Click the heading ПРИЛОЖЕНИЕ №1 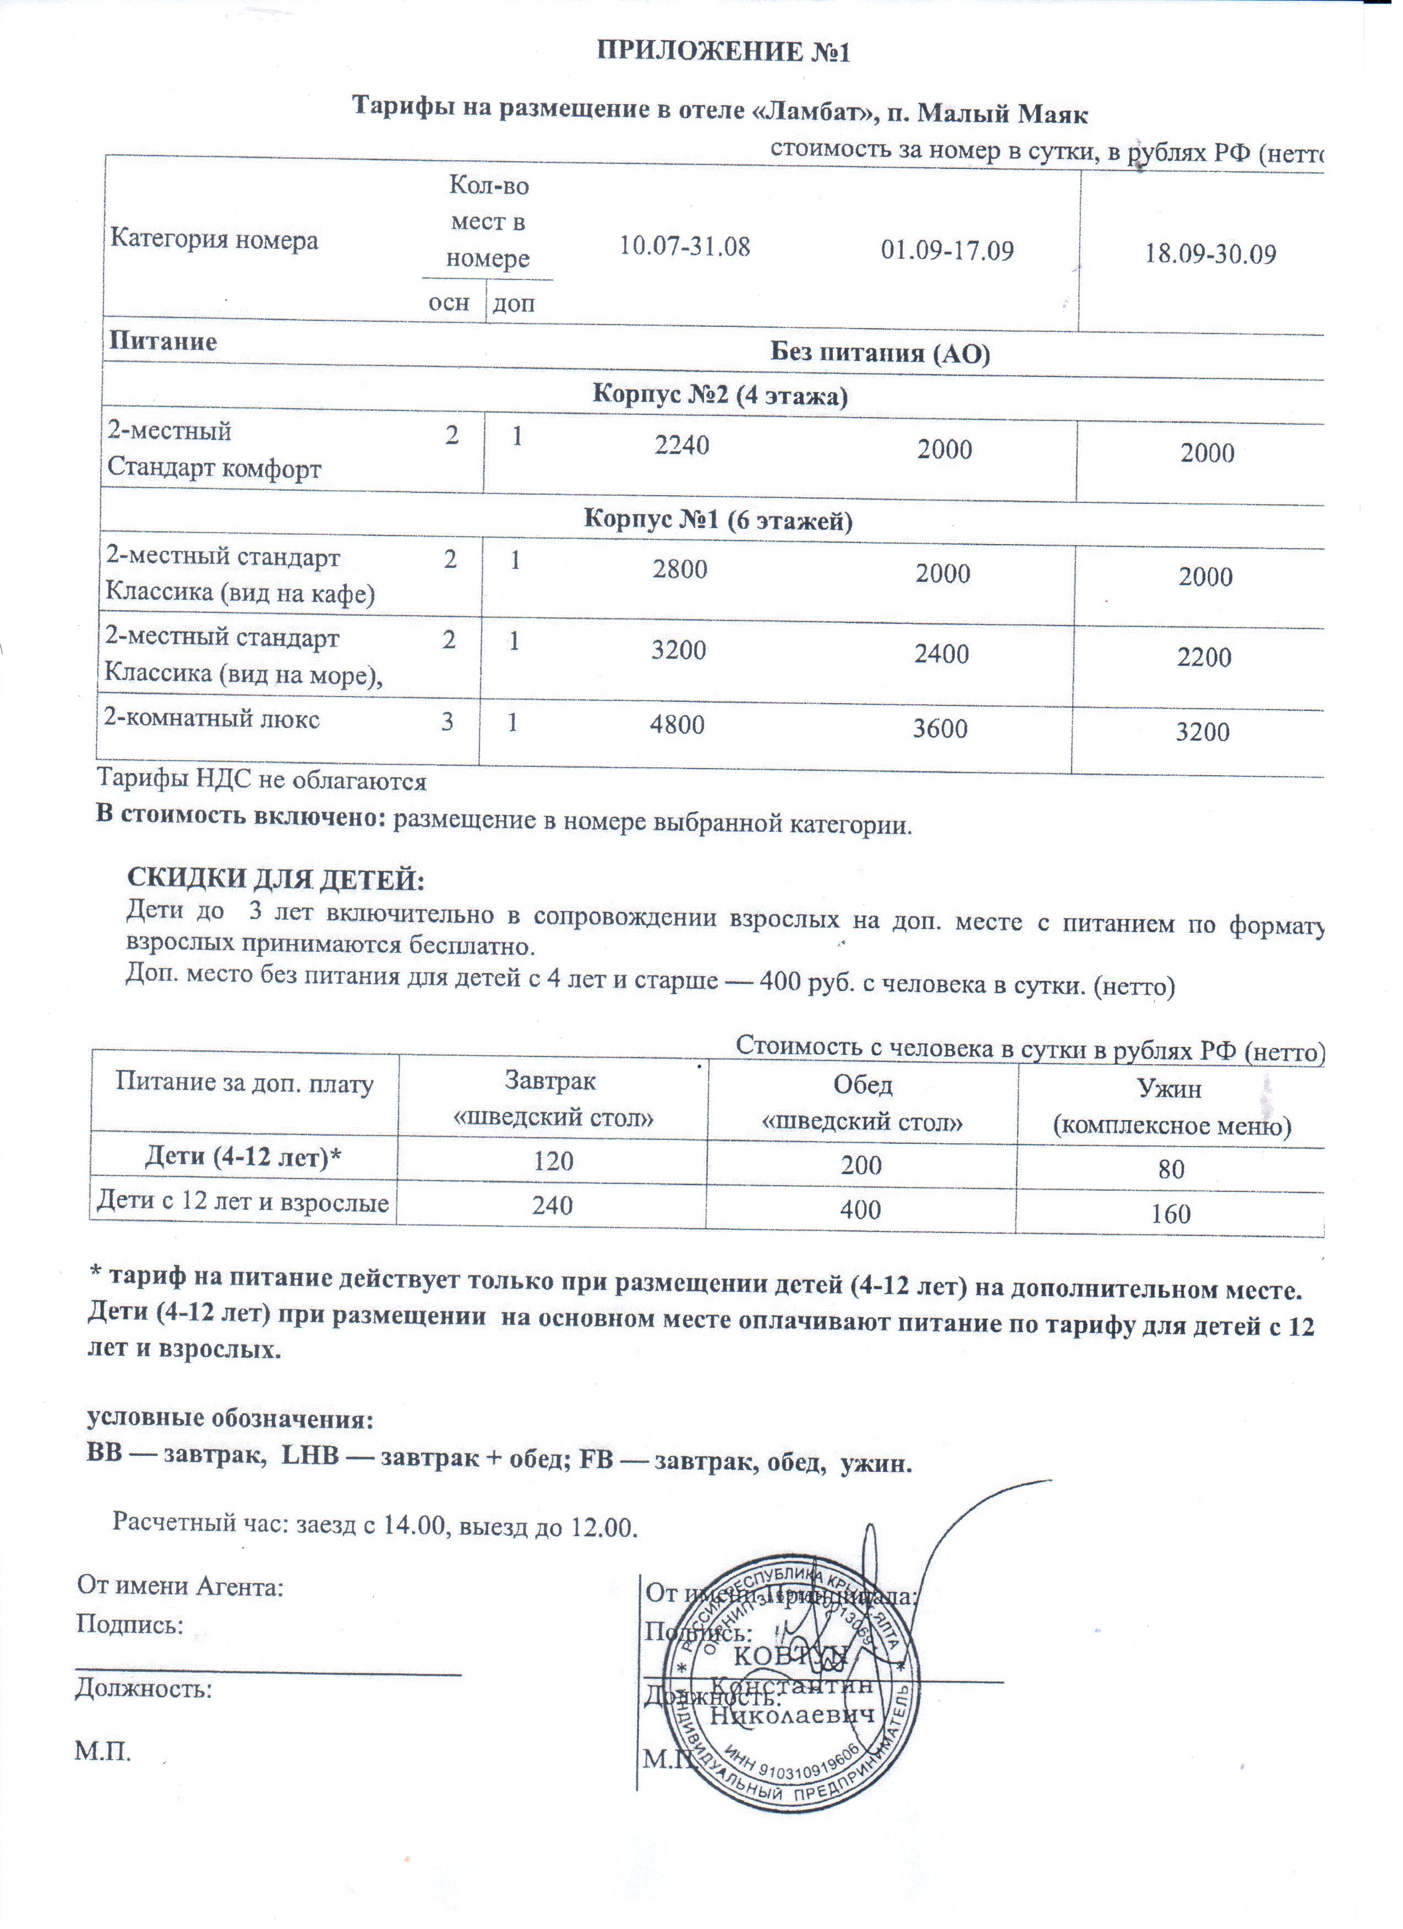[723, 53]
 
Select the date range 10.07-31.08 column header [684, 246]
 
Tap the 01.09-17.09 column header [947, 251]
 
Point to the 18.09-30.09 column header [1210, 254]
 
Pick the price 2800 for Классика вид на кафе [680, 569]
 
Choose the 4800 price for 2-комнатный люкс [677, 725]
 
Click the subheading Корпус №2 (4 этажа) [720, 396]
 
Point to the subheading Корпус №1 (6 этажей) [718, 520]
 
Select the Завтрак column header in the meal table [552, 1098]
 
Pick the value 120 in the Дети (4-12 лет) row [553, 1161]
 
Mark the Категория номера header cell [215, 240]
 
